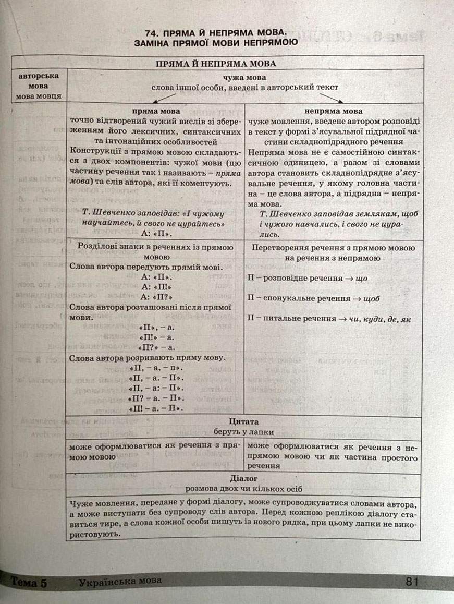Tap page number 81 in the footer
click(x=411, y=581)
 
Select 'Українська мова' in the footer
click(x=120, y=581)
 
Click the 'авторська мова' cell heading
click(x=39, y=80)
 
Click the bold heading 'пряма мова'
click(x=156, y=111)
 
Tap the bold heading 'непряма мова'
click(x=334, y=111)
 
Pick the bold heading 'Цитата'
click(x=244, y=421)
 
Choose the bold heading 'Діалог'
click(x=244, y=478)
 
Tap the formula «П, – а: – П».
click(x=156, y=389)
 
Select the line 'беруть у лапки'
click(x=244, y=432)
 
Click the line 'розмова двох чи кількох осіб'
click(x=244, y=489)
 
